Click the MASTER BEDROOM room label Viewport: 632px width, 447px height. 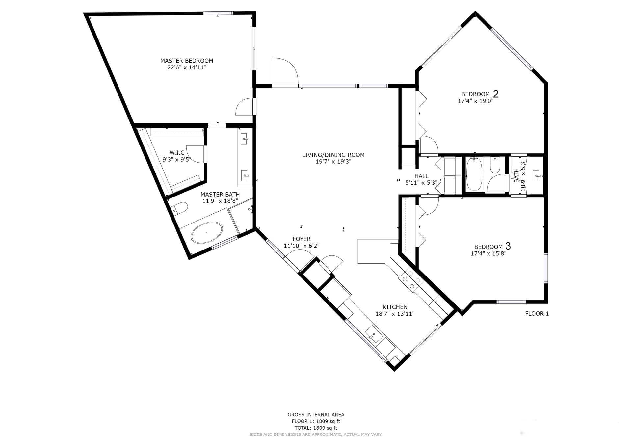[x=187, y=61]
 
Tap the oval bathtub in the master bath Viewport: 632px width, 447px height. [x=207, y=233]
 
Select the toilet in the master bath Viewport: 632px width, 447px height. [x=180, y=208]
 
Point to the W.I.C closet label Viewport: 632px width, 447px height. [x=177, y=153]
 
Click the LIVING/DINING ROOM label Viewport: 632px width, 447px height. [x=333, y=155]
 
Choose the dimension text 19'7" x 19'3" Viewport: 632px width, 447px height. [x=333, y=162]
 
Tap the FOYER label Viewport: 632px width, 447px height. [x=302, y=239]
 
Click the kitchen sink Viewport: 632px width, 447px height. [x=374, y=334]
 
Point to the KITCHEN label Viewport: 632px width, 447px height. [x=395, y=307]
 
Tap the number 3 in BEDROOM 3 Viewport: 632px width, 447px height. [x=508, y=246]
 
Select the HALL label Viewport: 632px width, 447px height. [x=421, y=176]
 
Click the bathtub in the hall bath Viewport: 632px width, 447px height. [x=474, y=174]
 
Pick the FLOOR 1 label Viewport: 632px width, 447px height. [x=537, y=314]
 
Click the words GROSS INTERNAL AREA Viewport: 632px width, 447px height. [x=316, y=415]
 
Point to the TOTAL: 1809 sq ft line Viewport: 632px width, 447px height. [x=316, y=428]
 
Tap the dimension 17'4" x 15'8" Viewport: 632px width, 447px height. [x=488, y=253]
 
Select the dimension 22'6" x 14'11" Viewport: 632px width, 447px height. [x=187, y=67]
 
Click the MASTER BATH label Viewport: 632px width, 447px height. [x=220, y=195]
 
